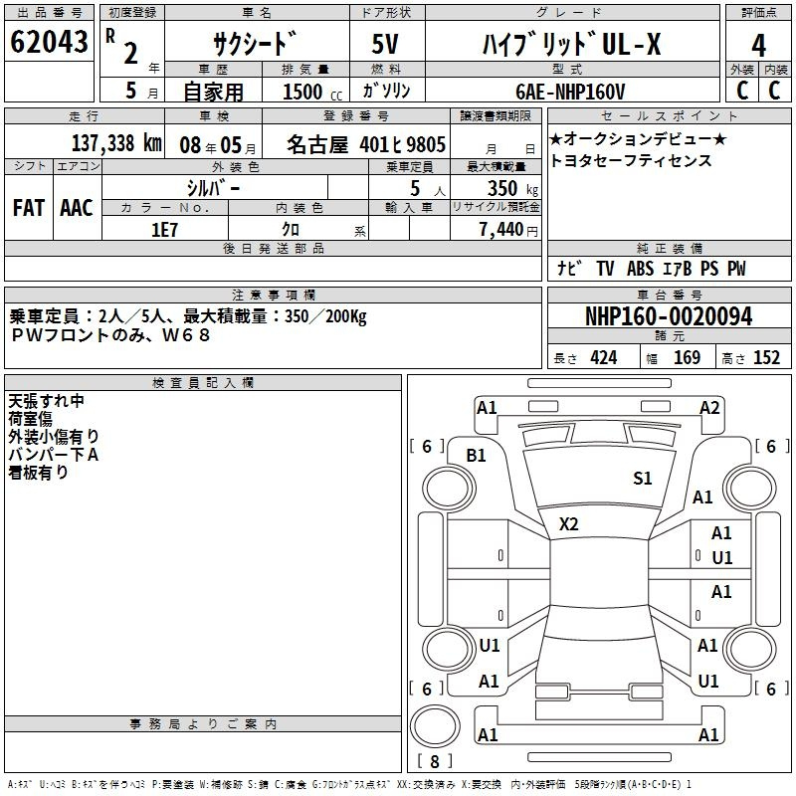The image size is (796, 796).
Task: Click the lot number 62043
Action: (49, 42)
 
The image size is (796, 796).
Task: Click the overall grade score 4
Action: (758, 46)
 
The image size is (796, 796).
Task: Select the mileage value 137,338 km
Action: (116, 143)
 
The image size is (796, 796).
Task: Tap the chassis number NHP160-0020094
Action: (669, 316)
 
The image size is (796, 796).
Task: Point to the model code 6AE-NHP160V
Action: (570, 92)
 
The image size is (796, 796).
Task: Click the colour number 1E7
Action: (164, 230)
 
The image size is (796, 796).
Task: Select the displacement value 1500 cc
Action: (312, 92)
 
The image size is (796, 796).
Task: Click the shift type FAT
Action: (29, 208)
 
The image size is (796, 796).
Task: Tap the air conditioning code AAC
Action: (77, 208)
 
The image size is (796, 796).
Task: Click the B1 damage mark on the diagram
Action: (477, 456)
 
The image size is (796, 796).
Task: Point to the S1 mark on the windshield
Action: (642, 479)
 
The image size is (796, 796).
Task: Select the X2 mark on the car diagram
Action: (568, 524)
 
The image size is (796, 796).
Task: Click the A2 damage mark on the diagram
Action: (709, 408)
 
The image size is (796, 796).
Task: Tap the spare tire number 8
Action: (435, 761)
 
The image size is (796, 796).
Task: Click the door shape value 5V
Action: (385, 44)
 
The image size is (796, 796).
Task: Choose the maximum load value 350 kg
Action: (512, 188)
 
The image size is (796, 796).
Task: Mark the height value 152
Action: (766, 357)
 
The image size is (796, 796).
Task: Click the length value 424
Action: (604, 357)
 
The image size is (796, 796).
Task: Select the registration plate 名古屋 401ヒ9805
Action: (366, 144)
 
